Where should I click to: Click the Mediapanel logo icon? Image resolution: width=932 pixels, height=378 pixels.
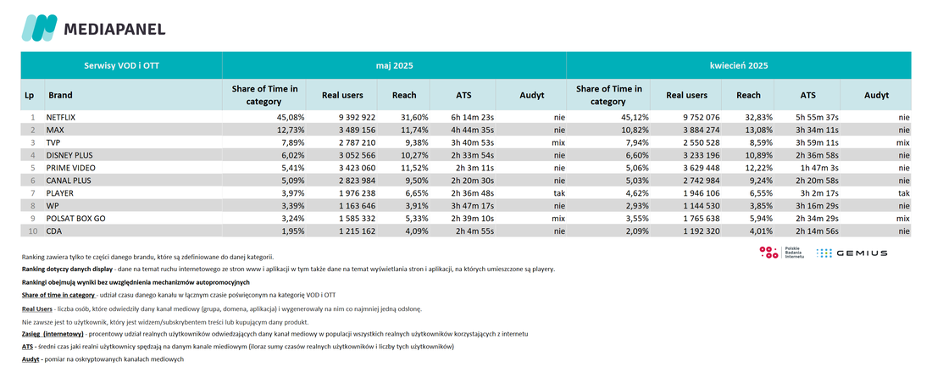tap(40, 28)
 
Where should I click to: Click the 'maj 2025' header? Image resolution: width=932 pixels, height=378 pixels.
tap(394, 65)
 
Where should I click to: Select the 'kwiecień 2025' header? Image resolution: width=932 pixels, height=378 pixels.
tap(738, 65)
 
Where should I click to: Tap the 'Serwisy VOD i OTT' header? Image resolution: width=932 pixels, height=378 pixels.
tap(121, 65)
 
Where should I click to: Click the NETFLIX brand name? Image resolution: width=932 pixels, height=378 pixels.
tap(61, 118)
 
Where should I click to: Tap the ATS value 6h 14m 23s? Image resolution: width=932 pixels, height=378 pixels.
tap(473, 118)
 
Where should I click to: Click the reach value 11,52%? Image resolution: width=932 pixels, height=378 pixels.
tap(415, 168)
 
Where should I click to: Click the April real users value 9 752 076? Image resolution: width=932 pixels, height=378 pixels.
tap(697, 118)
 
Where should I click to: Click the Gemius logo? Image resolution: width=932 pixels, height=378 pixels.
tap(852, 253)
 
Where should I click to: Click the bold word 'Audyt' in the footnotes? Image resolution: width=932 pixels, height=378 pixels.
tap(30, 359)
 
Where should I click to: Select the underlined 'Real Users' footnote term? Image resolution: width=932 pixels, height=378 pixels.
tap(36, 309)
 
